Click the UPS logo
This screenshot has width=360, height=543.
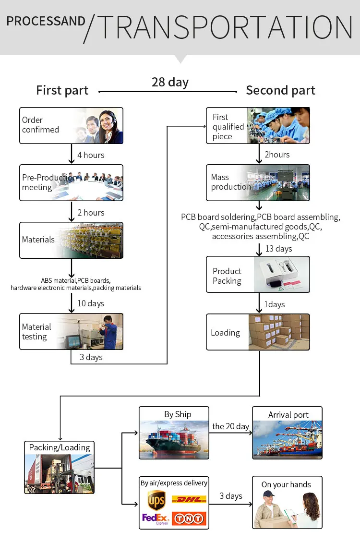click(156, 500)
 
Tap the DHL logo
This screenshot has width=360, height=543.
click(189, 499)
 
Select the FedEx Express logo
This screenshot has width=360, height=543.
click(156, 519)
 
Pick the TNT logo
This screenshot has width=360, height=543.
click(189, 519)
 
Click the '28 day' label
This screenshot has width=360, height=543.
click(170, 83)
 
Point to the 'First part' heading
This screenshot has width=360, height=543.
click(62, 90)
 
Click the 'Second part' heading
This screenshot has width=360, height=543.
click(280, 90)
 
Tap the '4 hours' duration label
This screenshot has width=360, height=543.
click(91, 155)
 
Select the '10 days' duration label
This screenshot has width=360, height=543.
click(91, 303)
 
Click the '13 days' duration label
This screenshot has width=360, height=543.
click(279, 249)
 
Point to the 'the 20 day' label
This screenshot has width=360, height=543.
click(230, 426)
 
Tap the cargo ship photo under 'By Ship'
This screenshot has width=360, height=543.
click(174, 440)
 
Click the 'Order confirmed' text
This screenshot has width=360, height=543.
click(40, 125)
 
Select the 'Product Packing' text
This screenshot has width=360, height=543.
click(227, 276)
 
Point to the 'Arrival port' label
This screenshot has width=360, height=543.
click(288, 414)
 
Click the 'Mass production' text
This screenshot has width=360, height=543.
click(231, 182)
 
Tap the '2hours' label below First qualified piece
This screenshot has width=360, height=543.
click(277, 155)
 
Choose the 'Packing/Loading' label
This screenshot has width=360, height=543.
click(60, 448)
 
